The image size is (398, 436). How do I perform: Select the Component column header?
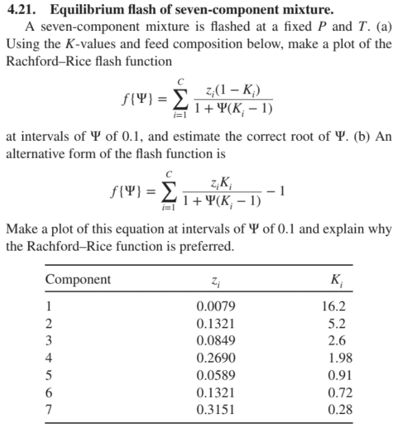(x=78, y=279)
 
